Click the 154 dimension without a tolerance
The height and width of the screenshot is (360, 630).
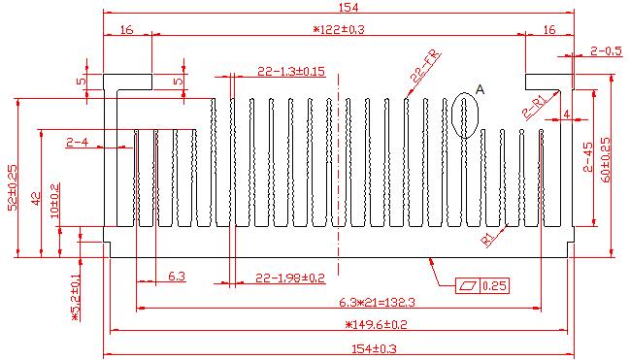coord(348,7)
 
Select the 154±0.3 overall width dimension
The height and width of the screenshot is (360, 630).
coord(374,348)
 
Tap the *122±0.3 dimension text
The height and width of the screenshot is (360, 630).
coord(339,29)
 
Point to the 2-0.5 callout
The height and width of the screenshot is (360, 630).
coord(606,51)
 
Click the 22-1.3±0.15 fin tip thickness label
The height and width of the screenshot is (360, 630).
coord(291,71)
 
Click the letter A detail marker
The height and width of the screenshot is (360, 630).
coord(480,89)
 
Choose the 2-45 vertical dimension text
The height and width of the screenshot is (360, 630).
coord(588,156)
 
